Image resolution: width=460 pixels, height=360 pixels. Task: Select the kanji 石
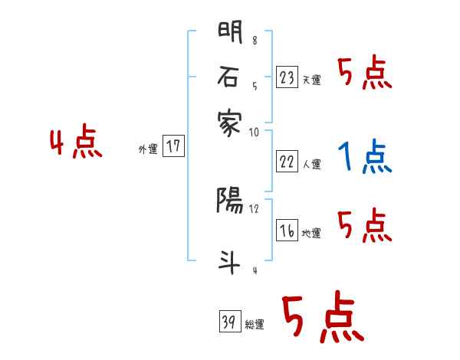(x=230, y=77)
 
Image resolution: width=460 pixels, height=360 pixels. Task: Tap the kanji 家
(x=230, y=121)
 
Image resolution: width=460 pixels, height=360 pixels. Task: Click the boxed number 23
(x=286, y=77)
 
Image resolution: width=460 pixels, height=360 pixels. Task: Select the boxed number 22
(x=286, y=162)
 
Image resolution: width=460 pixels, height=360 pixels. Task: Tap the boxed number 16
(x=286, y=231)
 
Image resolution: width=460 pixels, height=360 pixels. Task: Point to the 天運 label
(x=311, y=80)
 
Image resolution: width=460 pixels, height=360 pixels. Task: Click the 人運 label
(x=311, y=164)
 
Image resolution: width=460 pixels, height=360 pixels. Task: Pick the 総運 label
(x=255, y=325)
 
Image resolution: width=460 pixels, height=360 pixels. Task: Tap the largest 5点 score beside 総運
(x=322, y=318)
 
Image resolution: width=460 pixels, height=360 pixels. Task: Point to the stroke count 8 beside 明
(x=255, y=41)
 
